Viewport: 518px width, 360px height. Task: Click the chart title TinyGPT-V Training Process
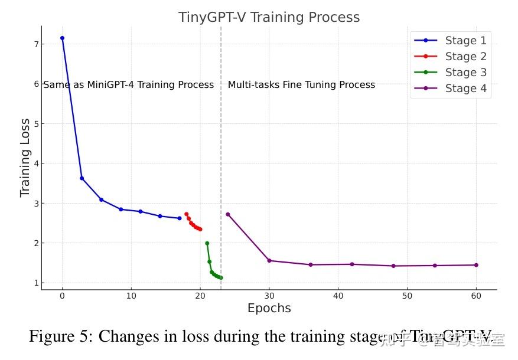pyautogui.click(x=269, y=17)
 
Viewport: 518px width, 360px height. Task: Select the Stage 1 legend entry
pyautogui.click(x=465, y=41)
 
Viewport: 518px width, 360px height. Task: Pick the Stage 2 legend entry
pyautogui.click(x=465, y=57)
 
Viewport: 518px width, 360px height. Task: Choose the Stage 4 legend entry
pyautogui.click(x=465, y=89)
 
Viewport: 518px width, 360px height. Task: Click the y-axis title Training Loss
pyautogui.click(x=25, y=158)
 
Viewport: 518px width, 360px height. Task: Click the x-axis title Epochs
pyautogui.click(x=269, y=308)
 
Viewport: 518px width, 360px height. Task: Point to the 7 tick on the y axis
pyautogui.click(x=36, y=44)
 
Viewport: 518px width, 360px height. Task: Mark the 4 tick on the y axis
pyautogui.click(x=36, y=163)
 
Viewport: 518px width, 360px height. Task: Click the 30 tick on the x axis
pyautogui.click(x=269, y=295)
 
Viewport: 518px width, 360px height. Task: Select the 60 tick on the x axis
pyautogui.click(x=476, y=295)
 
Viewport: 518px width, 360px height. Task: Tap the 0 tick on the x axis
pyautogui.click(x=62, y=295)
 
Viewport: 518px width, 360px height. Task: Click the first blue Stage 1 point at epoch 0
pyautogui.click(x=62, y=38)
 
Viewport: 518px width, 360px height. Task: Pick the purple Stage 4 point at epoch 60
pyautogui.click(x=476, y=265)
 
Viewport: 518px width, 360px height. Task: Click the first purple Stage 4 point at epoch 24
pyautogui.click(x=227, y=214)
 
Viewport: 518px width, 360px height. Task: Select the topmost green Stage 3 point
pyautogui.click(x=207, y=243)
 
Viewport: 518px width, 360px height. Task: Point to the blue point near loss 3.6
pyautogui.click(x=82, y=178)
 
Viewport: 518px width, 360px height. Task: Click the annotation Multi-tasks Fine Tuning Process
pyautogui.click(x=301, y=85)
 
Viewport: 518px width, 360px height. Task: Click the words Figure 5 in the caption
pyautogui.click(x=60, y=337)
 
